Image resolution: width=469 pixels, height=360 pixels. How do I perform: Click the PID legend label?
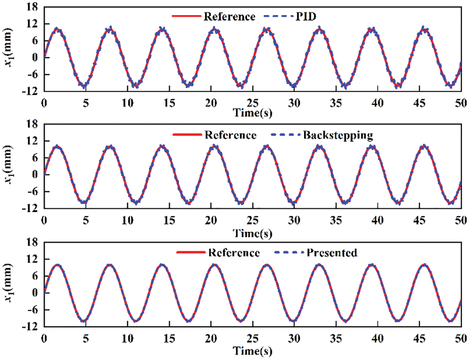(307, 17)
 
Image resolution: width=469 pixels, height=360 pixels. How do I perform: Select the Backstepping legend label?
(338, 136)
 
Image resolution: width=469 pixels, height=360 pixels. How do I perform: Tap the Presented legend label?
(332, 253)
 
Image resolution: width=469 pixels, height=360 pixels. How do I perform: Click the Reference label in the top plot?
(229, 17)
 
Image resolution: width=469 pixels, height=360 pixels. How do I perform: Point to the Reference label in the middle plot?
(230, 136)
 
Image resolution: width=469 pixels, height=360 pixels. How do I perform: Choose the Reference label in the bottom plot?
(234, 253)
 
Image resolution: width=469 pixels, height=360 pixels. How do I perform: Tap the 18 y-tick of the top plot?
(32, 7)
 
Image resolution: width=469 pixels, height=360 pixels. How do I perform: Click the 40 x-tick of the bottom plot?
(377, 339)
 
